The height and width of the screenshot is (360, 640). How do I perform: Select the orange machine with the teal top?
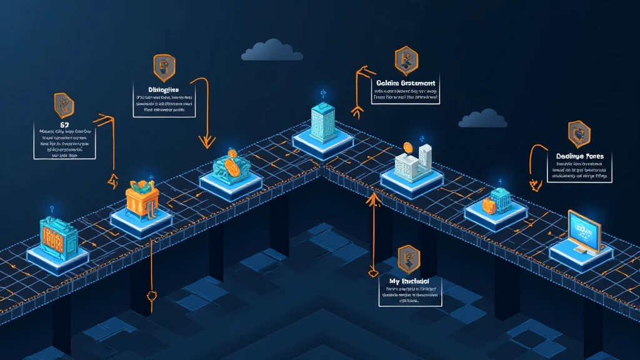pos(143,198)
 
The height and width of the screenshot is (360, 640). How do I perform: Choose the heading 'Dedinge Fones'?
pos(579,156)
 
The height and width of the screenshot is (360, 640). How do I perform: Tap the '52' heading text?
pos(64,126)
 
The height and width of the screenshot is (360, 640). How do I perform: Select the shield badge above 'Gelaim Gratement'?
pos(406,60)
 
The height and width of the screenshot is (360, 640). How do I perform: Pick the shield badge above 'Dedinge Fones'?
pos(579,133)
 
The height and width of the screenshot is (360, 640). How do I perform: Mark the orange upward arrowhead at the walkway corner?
pos(374,199)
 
